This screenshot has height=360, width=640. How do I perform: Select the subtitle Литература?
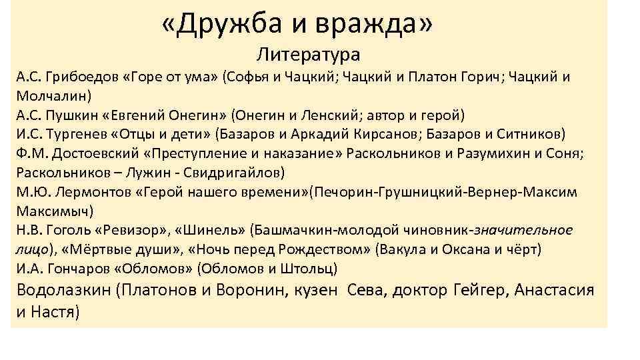[308, 53]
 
